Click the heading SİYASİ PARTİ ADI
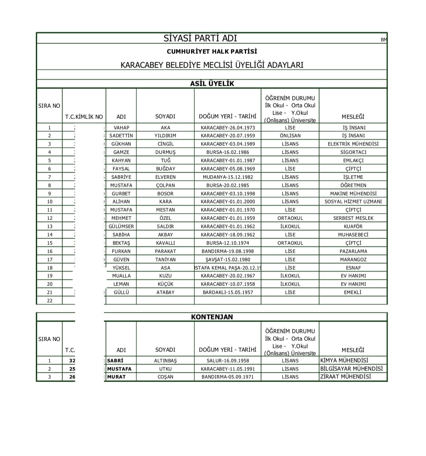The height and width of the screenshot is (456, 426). pos(200,38)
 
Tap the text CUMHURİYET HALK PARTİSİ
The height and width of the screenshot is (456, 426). pos(212,51)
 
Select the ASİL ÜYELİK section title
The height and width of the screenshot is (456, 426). pos(212,84)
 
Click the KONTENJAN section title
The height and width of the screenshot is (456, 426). pos(212,317)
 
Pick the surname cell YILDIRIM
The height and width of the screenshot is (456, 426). pos(165,135)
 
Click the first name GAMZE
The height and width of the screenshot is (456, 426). pos(121,152)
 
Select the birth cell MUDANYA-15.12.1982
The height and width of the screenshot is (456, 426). pos(227,177)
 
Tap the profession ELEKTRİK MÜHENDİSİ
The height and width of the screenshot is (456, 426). pos(353,144)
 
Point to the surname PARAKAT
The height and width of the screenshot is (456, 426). pos(165,251)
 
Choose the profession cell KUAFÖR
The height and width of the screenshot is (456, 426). pos(353,226)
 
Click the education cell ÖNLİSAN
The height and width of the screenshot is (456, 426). pos(290,135)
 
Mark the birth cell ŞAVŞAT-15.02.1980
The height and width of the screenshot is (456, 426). pos(227,259)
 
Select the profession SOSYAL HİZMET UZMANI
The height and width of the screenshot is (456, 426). pos(353,201)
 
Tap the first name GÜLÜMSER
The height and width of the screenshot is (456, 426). pos(121,226)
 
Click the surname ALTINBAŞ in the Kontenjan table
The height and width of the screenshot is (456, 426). pos(165,360)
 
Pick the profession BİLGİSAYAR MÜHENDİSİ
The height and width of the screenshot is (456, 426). pos(351,369)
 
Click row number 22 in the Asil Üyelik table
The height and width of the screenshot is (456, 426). pos(49,300)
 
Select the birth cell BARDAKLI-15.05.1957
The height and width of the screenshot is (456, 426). pos(227,292)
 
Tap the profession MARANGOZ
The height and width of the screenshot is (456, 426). pos(353,259)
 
